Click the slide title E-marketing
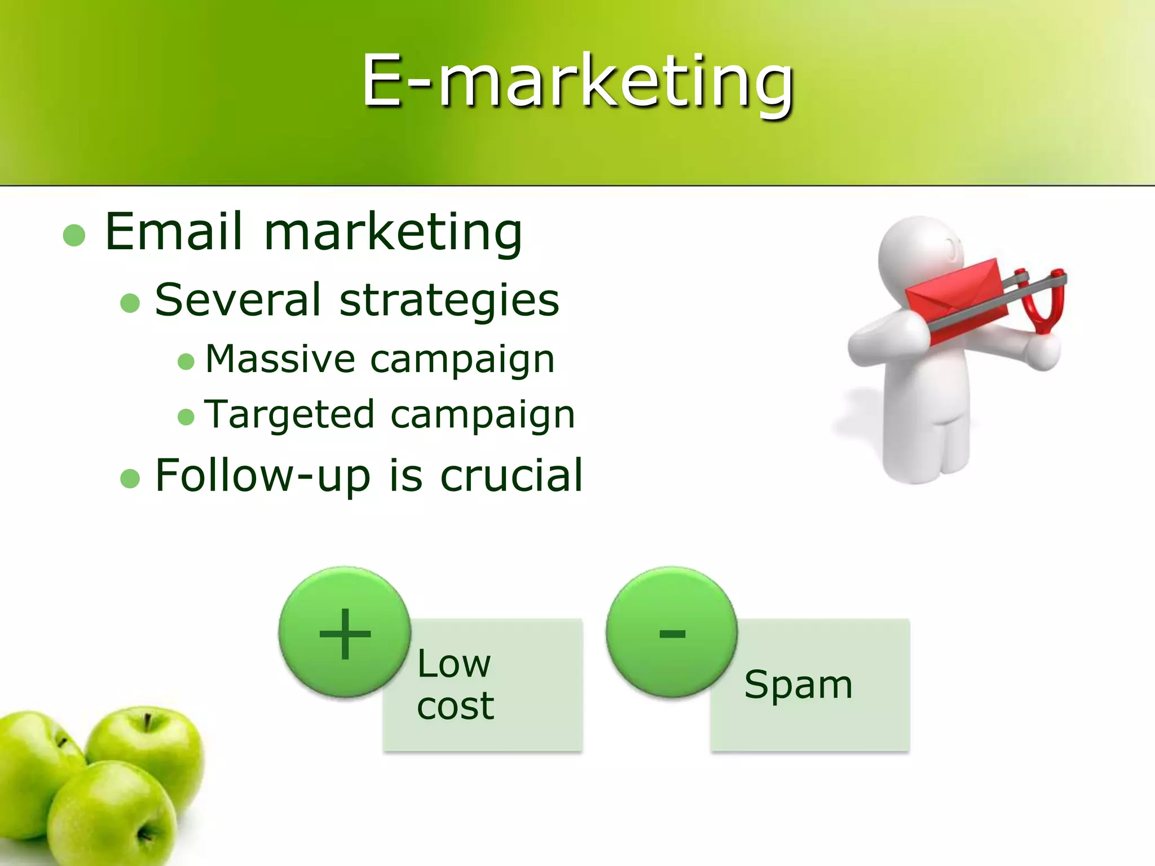(577, 82)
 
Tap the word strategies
(449, 300)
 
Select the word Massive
(280, 359)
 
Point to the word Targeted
(289, 415)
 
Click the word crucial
(511, 475)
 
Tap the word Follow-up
(263, 476)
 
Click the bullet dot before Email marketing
(74, 236)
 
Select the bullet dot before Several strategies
(130, 303)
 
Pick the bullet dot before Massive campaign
(186, 361)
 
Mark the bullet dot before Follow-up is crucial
(130, 479)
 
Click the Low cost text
(455, 684)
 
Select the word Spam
(798, 685)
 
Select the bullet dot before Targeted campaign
(186, 417)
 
